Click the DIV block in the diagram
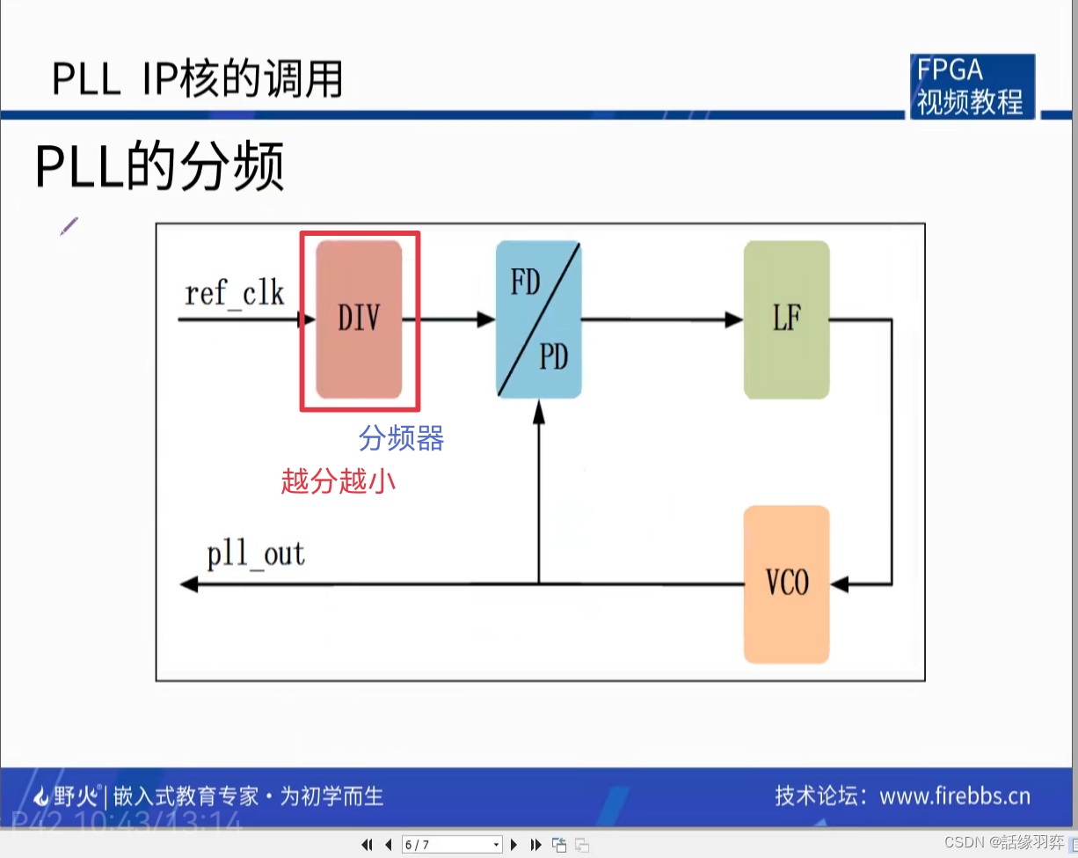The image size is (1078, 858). (359, 319)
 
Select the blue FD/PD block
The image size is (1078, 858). (538, 319)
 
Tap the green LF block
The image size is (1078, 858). (786, 319)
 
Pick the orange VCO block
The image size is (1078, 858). (786, 583)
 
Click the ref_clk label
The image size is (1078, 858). (235, 293)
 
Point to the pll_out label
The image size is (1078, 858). (256, 555)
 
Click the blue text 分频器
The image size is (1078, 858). (401, 438)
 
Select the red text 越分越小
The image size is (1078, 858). (338, 480)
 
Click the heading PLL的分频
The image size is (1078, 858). (160, 167)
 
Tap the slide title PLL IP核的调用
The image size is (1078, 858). (197, 79)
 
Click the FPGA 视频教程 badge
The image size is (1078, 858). (971, 86)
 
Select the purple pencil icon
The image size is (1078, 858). (69, 226)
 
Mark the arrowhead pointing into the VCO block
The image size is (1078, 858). (839, 583)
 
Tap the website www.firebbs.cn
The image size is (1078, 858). (954, 796)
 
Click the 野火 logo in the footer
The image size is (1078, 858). (66, 797)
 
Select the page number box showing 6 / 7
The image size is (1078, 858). (451, 845)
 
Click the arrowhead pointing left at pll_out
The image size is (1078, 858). (188, 583)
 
